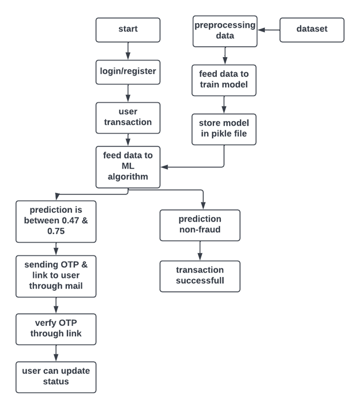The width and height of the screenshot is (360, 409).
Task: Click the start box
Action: click(x=127, y=29)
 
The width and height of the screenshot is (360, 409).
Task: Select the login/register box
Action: click(x=127, y=72)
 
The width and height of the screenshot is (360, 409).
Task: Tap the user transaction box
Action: click(x=127, y=118)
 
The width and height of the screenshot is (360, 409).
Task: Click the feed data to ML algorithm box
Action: click(x=127, y=167)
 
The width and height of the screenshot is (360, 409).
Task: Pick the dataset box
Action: click(x=312, y=30)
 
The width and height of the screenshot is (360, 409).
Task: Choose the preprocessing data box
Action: click(x=224, y=31)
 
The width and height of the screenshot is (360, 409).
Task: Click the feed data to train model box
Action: click(x=224, y=80)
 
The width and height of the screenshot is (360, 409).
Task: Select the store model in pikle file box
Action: click(x=224, y=129)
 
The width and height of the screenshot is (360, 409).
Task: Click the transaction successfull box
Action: click(x=200, y=276)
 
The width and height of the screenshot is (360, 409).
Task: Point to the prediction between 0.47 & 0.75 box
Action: click(x=56, y=221)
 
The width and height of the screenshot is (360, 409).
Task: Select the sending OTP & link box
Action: click(x=56, y=276)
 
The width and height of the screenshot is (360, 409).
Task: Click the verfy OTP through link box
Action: click(x=56, y=329)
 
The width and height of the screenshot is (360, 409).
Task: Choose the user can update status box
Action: click(x=56, y=377)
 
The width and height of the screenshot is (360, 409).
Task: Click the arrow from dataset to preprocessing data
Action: click(x=268, y=30)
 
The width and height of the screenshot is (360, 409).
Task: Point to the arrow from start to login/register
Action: click(x=127, y=51)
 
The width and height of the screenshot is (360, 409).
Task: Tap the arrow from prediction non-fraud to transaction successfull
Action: click(x=200, y=251)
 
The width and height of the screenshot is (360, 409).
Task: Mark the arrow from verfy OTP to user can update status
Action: click(x=56, y=353)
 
